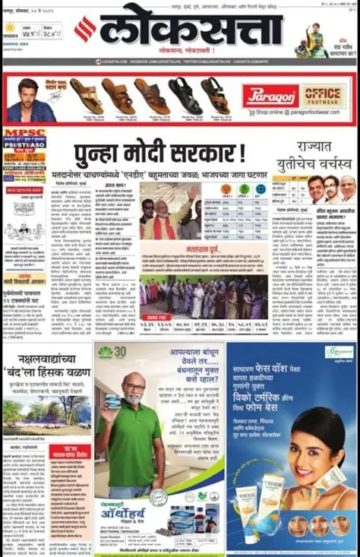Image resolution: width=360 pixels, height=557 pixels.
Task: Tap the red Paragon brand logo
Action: point(269,97)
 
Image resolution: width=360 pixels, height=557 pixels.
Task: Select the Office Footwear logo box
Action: point(323,96)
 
